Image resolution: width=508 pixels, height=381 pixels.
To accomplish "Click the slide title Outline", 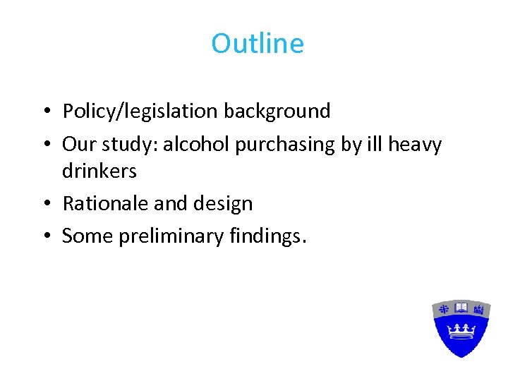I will click(258, 44).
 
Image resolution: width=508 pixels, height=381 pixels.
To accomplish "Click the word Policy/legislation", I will click(140, 111).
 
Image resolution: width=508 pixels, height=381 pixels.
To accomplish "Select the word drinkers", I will click(99, 171).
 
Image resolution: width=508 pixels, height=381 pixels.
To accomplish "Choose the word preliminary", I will click(171, 236).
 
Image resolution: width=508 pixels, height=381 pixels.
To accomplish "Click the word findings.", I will click(268, 236).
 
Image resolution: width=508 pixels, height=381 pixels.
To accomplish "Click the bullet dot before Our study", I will click(44, 145).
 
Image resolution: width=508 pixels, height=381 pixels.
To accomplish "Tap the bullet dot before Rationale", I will click(44, 205).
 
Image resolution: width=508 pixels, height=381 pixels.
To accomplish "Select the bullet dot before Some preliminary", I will click(44, 237).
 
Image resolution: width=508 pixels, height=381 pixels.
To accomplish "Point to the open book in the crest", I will click(461, 308).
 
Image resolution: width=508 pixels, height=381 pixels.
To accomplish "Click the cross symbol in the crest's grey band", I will click(444, 309).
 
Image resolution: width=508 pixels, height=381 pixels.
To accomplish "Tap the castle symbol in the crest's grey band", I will click(480, 309).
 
